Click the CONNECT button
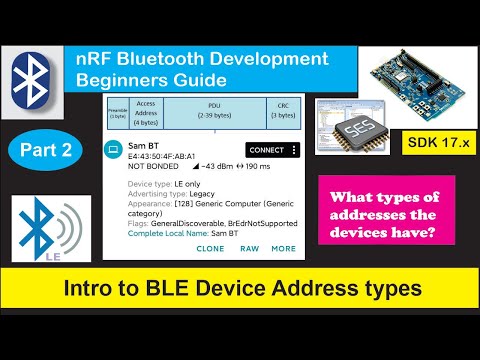pyautogui.click(x=265, y=150)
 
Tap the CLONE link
pyautogui.click(x=210, y=248)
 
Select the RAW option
pyautogui.click(x=249, y=248)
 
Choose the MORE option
pyautogui.click(x=283, y=248)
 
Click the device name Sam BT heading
pyautogui.click(x=140, y=147)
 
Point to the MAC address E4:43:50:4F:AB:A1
pyautogui.click(x=161, y=157)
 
